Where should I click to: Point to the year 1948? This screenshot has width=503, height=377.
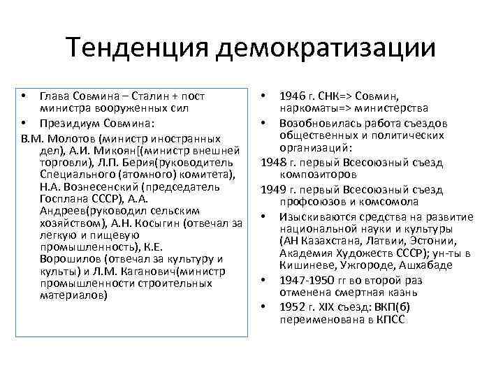273,161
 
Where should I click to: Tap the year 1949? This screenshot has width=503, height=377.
273,188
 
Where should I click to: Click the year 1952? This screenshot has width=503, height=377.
293,306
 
